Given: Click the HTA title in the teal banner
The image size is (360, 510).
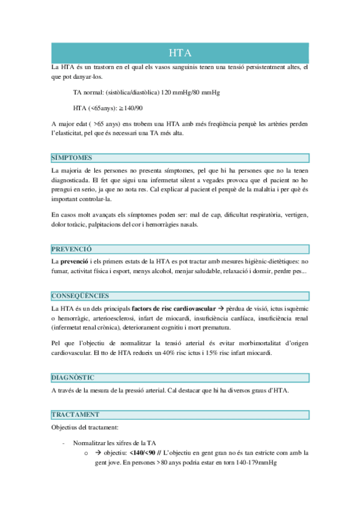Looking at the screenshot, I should click(180, 53).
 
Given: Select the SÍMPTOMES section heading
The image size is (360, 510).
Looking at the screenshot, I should click(72, 158).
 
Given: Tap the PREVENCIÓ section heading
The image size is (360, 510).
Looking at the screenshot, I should click(72, 248).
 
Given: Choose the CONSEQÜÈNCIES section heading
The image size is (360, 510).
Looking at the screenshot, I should click(80, 295).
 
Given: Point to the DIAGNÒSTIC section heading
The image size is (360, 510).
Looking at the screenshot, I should click(73, 377).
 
